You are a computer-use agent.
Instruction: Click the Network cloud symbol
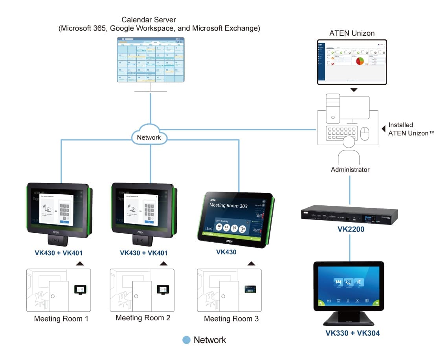[x=149, y=137]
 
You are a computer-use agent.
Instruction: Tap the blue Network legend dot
[x=187, y=340]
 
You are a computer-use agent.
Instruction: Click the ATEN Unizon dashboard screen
[x=352, y=62]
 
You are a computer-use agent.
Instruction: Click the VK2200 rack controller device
[x=349, y=214]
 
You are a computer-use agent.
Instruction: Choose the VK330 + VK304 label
[x=353, y=333]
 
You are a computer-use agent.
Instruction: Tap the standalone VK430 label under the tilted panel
[x=226, y=252]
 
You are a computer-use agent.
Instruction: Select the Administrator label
[x=350, y=170]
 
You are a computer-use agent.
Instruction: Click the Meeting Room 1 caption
[x=61, y=318]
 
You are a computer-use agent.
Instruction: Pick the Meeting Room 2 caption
[x=143, y=318]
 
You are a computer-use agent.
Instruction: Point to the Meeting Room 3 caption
[x=231, y=318]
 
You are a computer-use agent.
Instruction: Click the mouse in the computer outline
[x=365, y=133]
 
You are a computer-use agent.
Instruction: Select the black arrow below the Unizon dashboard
[x=354, y=90]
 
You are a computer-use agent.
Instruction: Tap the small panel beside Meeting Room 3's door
[x=250, y=289]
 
